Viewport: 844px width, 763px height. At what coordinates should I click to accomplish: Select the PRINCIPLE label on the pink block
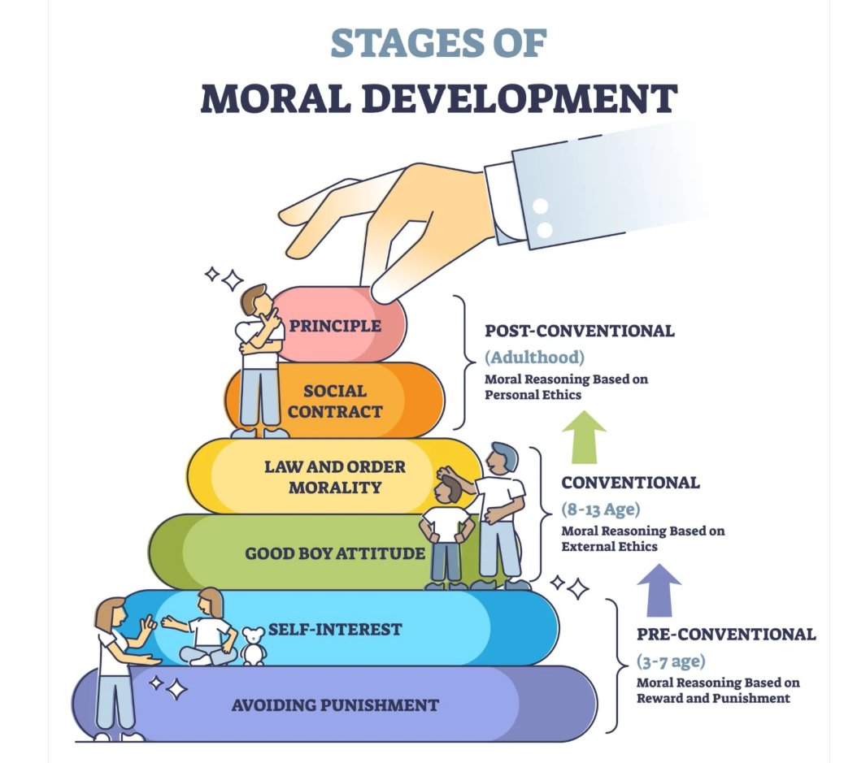[335, 327]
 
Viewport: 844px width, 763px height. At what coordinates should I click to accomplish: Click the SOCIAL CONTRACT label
[335, 401]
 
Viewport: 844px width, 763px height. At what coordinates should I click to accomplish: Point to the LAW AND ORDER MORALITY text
[334, 477]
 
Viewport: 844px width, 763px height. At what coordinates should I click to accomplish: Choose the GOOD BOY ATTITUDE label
[335, 554]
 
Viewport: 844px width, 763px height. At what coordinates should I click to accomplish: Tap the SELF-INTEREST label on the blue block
[335, 629]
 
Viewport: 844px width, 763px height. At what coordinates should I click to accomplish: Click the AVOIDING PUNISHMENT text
[335, 704]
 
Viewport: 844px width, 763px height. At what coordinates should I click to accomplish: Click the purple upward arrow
[659, 590]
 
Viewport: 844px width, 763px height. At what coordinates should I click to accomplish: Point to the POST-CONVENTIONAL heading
[579, 331]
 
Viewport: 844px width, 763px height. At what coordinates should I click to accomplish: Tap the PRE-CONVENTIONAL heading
[726, 634]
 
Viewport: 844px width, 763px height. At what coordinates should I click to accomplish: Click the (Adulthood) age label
[534, 357]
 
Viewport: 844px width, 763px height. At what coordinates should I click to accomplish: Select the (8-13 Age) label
[601, 509]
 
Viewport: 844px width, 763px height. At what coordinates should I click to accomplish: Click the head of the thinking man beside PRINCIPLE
[255, 302]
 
